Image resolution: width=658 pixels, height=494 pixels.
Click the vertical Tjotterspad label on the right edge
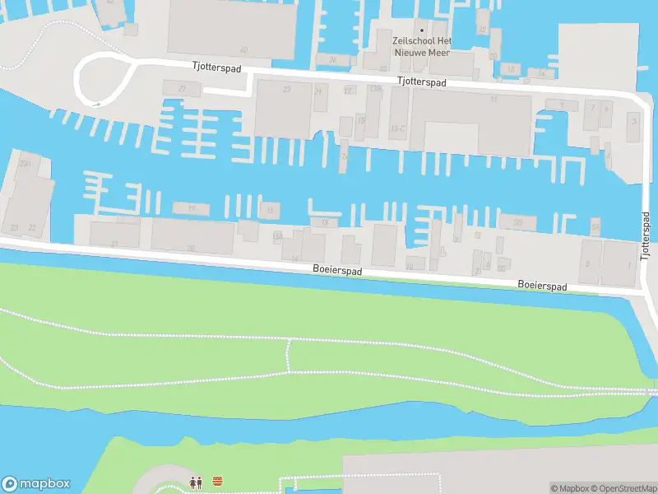click(x=646, y=235)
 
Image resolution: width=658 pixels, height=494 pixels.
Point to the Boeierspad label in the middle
click(x=337, y=269)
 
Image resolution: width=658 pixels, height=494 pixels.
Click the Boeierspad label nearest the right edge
click(x=542, y=285)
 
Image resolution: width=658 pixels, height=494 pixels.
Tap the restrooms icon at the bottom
click(x=196, y=482)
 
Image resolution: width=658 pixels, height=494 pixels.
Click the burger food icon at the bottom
click(x=218, y=482)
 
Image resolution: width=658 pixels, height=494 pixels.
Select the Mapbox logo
click(x=35, y=484)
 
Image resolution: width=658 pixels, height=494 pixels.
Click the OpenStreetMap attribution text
click(x=623, y=488)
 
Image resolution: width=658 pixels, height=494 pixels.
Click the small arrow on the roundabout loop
click(x=97, y=104)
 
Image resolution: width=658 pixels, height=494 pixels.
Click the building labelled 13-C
click(x=399, y=128)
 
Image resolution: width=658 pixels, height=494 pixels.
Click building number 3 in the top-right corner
click(x=633, y=121)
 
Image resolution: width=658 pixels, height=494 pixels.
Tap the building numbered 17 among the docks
click(x=191, y=208)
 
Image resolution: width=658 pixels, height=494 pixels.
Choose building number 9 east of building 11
click(x=562, y=104)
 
